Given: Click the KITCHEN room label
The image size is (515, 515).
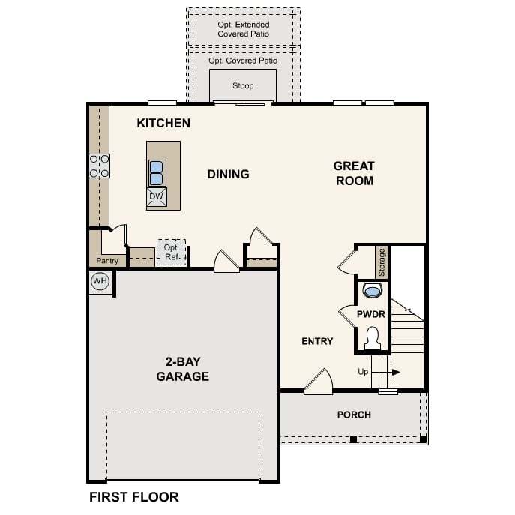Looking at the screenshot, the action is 163,123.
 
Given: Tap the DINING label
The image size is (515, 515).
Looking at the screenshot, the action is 229,174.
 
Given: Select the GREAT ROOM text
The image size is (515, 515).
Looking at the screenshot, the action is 354,173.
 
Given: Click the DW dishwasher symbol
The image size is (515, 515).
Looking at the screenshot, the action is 157,196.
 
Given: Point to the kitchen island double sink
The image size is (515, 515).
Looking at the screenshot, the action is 157,173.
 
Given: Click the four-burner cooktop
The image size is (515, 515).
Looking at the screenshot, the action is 100,166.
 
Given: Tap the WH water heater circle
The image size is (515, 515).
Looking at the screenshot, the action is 100,281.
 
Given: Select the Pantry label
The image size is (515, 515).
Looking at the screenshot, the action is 107,261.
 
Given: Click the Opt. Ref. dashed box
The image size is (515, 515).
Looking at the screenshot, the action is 171,253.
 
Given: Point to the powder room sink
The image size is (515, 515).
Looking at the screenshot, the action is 372,291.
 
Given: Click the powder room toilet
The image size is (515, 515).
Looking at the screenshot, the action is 373,338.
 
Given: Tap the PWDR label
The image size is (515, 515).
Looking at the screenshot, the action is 371,314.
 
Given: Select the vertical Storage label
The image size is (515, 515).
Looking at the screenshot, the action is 382,262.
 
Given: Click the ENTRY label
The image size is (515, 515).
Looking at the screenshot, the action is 317,341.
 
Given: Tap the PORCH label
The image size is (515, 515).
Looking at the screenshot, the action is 354,415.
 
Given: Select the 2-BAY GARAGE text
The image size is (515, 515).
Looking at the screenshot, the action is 183,369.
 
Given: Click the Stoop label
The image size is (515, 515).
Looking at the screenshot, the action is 243,85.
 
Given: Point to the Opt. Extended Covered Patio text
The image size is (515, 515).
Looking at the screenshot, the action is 244,29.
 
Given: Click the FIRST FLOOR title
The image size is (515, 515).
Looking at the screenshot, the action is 134,497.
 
